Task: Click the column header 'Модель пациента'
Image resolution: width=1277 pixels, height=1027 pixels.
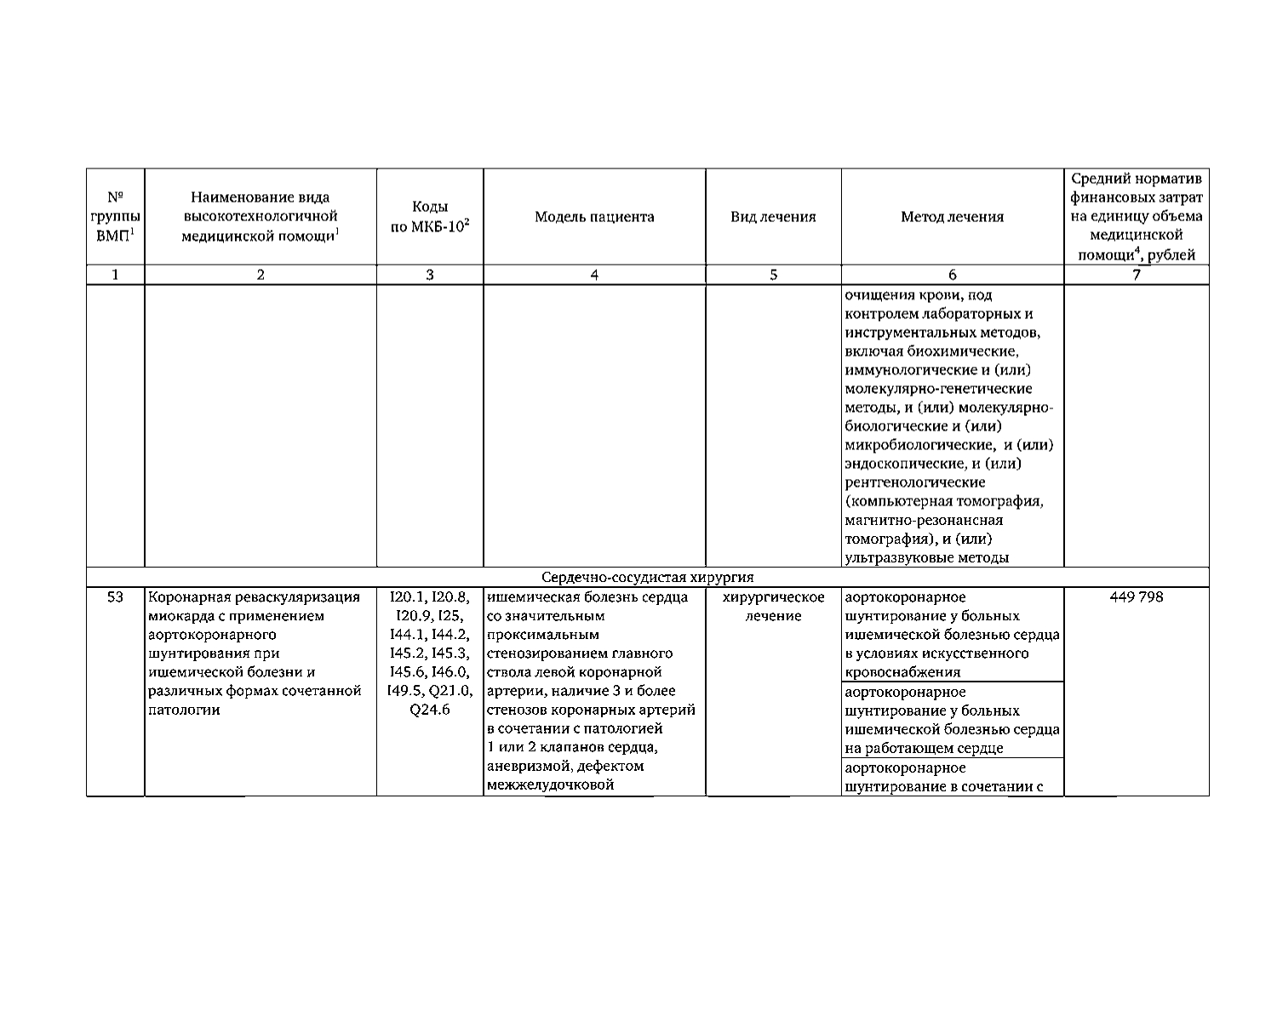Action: click(594, 217)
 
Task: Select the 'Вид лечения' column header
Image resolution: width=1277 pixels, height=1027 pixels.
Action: click(773, 217)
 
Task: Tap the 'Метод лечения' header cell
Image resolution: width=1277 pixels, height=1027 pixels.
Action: click(952, 217)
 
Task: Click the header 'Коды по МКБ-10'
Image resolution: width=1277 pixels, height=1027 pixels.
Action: click(430, 218)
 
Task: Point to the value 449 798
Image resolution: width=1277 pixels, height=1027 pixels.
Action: click(1136, 597)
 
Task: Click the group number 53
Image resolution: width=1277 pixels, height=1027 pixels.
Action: click(116, 597)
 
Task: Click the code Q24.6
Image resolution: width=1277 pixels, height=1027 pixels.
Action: click(430, 710)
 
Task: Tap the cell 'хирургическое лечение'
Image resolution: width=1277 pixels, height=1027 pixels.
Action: click(773, 607)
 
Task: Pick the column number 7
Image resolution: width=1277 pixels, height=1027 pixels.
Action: click(1136, 275)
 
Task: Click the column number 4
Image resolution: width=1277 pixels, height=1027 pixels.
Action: click(594, 275)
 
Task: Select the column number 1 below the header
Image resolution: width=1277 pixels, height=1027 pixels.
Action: click(116, 275)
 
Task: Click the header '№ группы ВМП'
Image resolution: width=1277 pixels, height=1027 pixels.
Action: click(116, 217)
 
